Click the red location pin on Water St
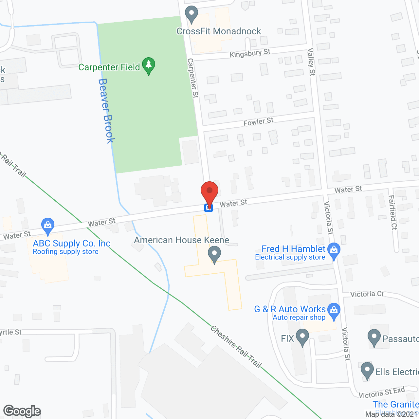209,191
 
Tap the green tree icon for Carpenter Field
149,65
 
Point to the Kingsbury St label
250,53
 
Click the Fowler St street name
258,122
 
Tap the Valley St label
311,62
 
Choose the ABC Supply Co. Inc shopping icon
48,226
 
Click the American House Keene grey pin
214,254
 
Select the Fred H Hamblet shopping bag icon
334,250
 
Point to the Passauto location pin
374,337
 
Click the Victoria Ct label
367,294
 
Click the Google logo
22,411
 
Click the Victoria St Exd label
382,392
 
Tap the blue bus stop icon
209,208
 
